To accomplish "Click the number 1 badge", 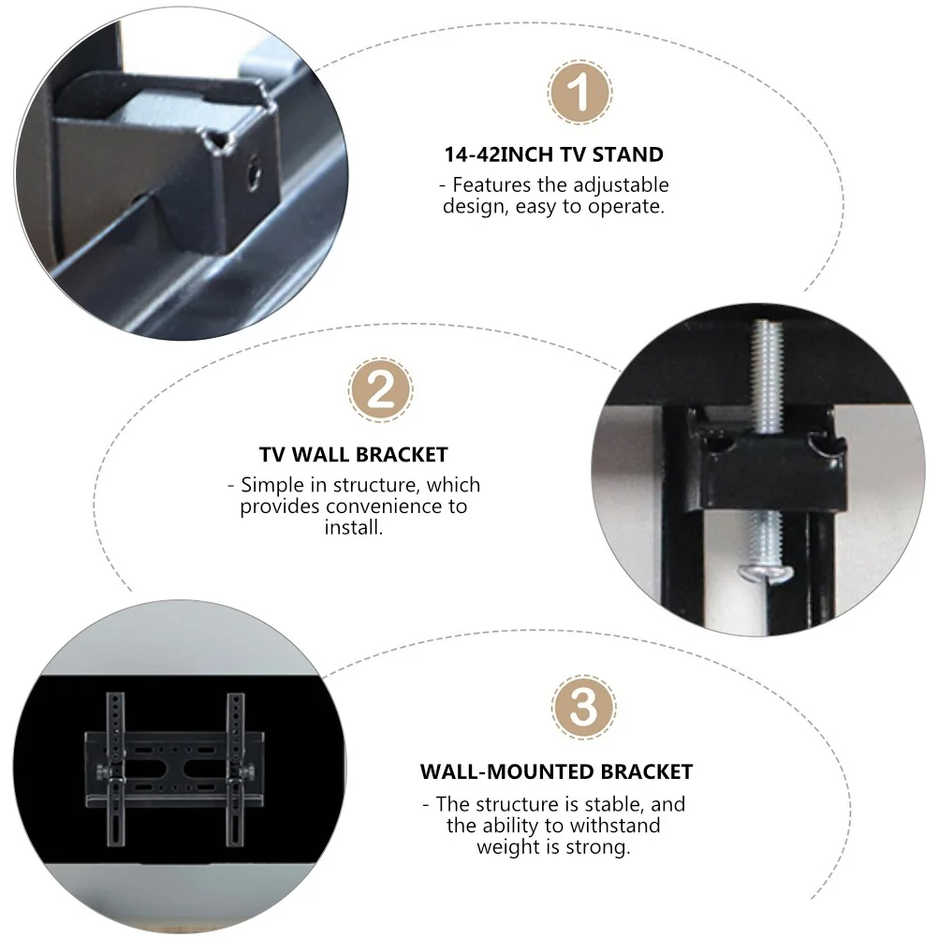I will coord(580,93).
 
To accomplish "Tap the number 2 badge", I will coord(381,388).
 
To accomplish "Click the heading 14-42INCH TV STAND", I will coord(553,154).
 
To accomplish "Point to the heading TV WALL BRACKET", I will coord(354,455).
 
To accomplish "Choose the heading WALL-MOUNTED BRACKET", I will coord(556,772).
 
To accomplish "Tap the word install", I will coord(354,527).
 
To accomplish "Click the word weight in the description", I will coord(509,847).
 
